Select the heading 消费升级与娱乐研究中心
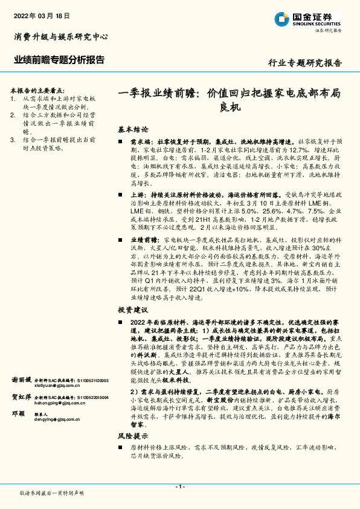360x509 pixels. click(61, 37)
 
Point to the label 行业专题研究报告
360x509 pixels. click(304, 63)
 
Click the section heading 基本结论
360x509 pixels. click(132, 129)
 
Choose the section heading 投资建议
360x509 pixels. click(132, 309)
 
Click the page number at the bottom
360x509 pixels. click(179, 487)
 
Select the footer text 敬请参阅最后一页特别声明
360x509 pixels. click(52, 493)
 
